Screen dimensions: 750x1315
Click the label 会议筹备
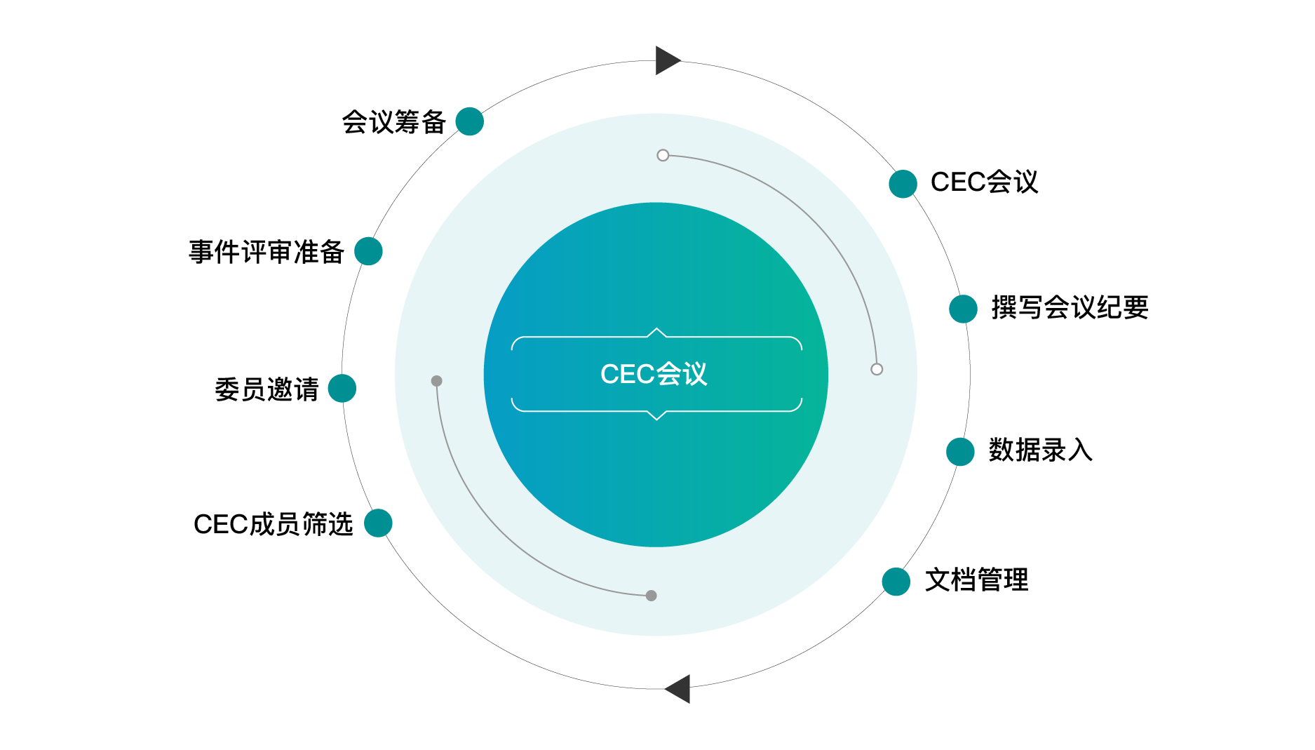coord(393,122)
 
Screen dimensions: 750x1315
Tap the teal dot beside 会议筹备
coord(469,121)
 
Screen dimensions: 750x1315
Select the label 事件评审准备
coord(267,252)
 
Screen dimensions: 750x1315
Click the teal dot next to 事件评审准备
coord(368,251)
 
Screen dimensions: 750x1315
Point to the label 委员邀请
coord(267,389)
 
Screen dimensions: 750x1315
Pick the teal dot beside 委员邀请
coord(342,388)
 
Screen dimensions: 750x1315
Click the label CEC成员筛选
coord(273,524)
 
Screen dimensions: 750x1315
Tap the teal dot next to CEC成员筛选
coord(378,523)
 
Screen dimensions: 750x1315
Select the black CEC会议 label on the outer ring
coord(984,182)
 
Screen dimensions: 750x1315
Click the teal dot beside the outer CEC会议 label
coord(903,184)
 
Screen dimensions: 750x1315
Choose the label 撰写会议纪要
coord(1070,308)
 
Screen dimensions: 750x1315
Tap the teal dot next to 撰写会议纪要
coord(963,309)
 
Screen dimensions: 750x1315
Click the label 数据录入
coord(1040,450)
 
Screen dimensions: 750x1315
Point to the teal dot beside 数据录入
coord(960,452)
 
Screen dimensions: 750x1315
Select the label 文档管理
coord(976,580)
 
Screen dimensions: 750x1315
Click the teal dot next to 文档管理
coord(896,582)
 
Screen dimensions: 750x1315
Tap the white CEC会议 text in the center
coord(654,374)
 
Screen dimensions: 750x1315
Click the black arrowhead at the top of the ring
coord(666,60)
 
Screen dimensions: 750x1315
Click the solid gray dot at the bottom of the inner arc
coord(651,596)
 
